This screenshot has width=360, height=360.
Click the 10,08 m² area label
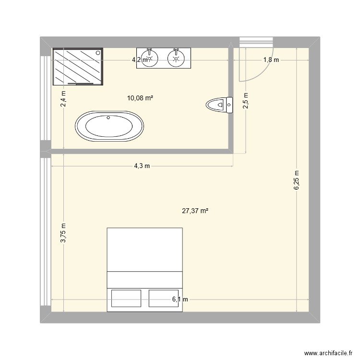pos(140,98)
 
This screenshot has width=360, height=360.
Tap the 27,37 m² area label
pos(195,210)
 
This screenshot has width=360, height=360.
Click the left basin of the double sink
pos(150,59)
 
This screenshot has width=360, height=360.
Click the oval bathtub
pos(109,127)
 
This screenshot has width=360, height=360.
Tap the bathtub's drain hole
pos(108,117)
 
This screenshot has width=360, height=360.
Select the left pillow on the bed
pos(126,298)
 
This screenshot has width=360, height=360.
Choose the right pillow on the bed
pos(163,298)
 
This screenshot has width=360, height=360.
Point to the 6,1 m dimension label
pos(180,300)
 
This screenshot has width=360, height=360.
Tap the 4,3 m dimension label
pos(142,166)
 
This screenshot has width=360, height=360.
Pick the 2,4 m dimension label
pos(63,99)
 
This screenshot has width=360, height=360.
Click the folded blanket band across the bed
pos(144,279)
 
